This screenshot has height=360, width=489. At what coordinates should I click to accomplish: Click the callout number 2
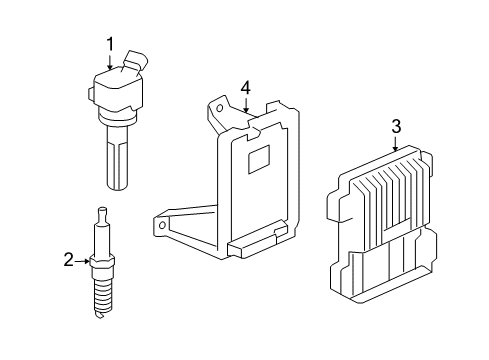point(69,261)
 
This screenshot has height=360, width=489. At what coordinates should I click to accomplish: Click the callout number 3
point(396,126)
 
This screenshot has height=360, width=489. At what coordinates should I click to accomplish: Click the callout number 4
point(245,90)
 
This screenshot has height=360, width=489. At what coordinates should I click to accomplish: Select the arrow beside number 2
point(84,261)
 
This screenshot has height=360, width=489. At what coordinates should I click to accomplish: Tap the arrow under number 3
point(396,145)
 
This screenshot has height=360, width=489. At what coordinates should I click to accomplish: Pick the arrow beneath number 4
point(245,109)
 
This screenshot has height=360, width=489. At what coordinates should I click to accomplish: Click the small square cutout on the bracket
point(259,157)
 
